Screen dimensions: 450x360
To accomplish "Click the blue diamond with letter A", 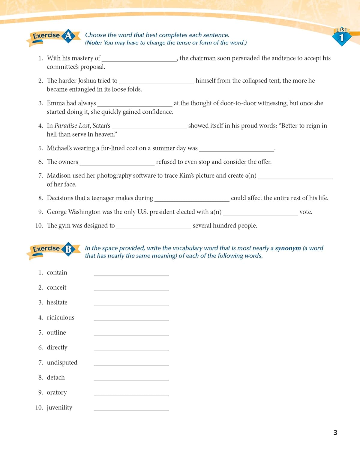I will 68,36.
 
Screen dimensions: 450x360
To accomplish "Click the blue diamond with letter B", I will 68,249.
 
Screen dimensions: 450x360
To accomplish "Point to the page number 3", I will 335,432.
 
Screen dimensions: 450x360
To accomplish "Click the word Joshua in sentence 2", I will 87,81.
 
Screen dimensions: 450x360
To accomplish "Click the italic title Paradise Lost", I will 72,126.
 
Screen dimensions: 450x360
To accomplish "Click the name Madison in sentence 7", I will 58,175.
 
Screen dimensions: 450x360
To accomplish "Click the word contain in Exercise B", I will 57,273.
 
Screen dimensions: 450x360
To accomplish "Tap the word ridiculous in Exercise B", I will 60,318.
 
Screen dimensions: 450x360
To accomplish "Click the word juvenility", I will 59,408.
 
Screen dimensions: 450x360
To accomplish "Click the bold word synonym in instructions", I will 288,248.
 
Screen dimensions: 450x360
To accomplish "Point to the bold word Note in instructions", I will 94,43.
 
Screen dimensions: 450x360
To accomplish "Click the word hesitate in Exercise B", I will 57,303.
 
